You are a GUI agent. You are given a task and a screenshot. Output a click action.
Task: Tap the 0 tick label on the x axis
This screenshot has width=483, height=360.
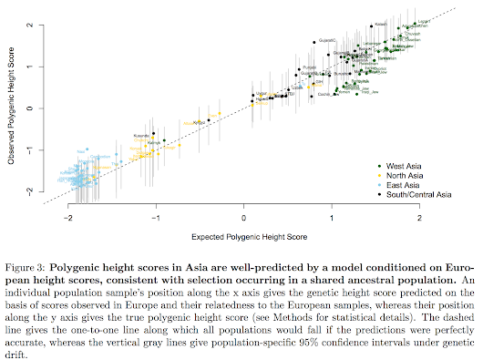click(x=243, y=219)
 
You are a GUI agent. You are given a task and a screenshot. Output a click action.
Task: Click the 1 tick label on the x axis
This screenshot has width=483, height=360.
click(x=332, y=219)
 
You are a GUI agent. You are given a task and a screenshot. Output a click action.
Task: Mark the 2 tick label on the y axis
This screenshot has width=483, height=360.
click(x=31, y=25)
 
